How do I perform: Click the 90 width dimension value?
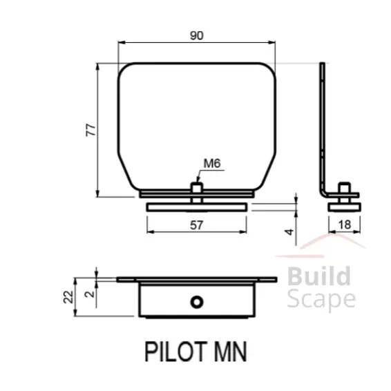click(x=196, y=36)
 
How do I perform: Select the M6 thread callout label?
click(x=211, y=164)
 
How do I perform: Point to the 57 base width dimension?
click(x=196, y=225)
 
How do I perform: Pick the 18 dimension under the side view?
click(x=345, y=224)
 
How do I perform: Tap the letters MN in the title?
click(x=226, y=351)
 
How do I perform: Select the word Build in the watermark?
click(x=318, y=277)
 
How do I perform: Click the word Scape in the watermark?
click(x=321, y=299)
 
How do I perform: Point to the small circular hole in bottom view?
click(x=198, y=302)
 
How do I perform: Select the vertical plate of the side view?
click(x=322, y=124)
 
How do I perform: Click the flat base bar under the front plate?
click(x=196, y=207)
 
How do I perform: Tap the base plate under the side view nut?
click(x=344, y=205)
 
